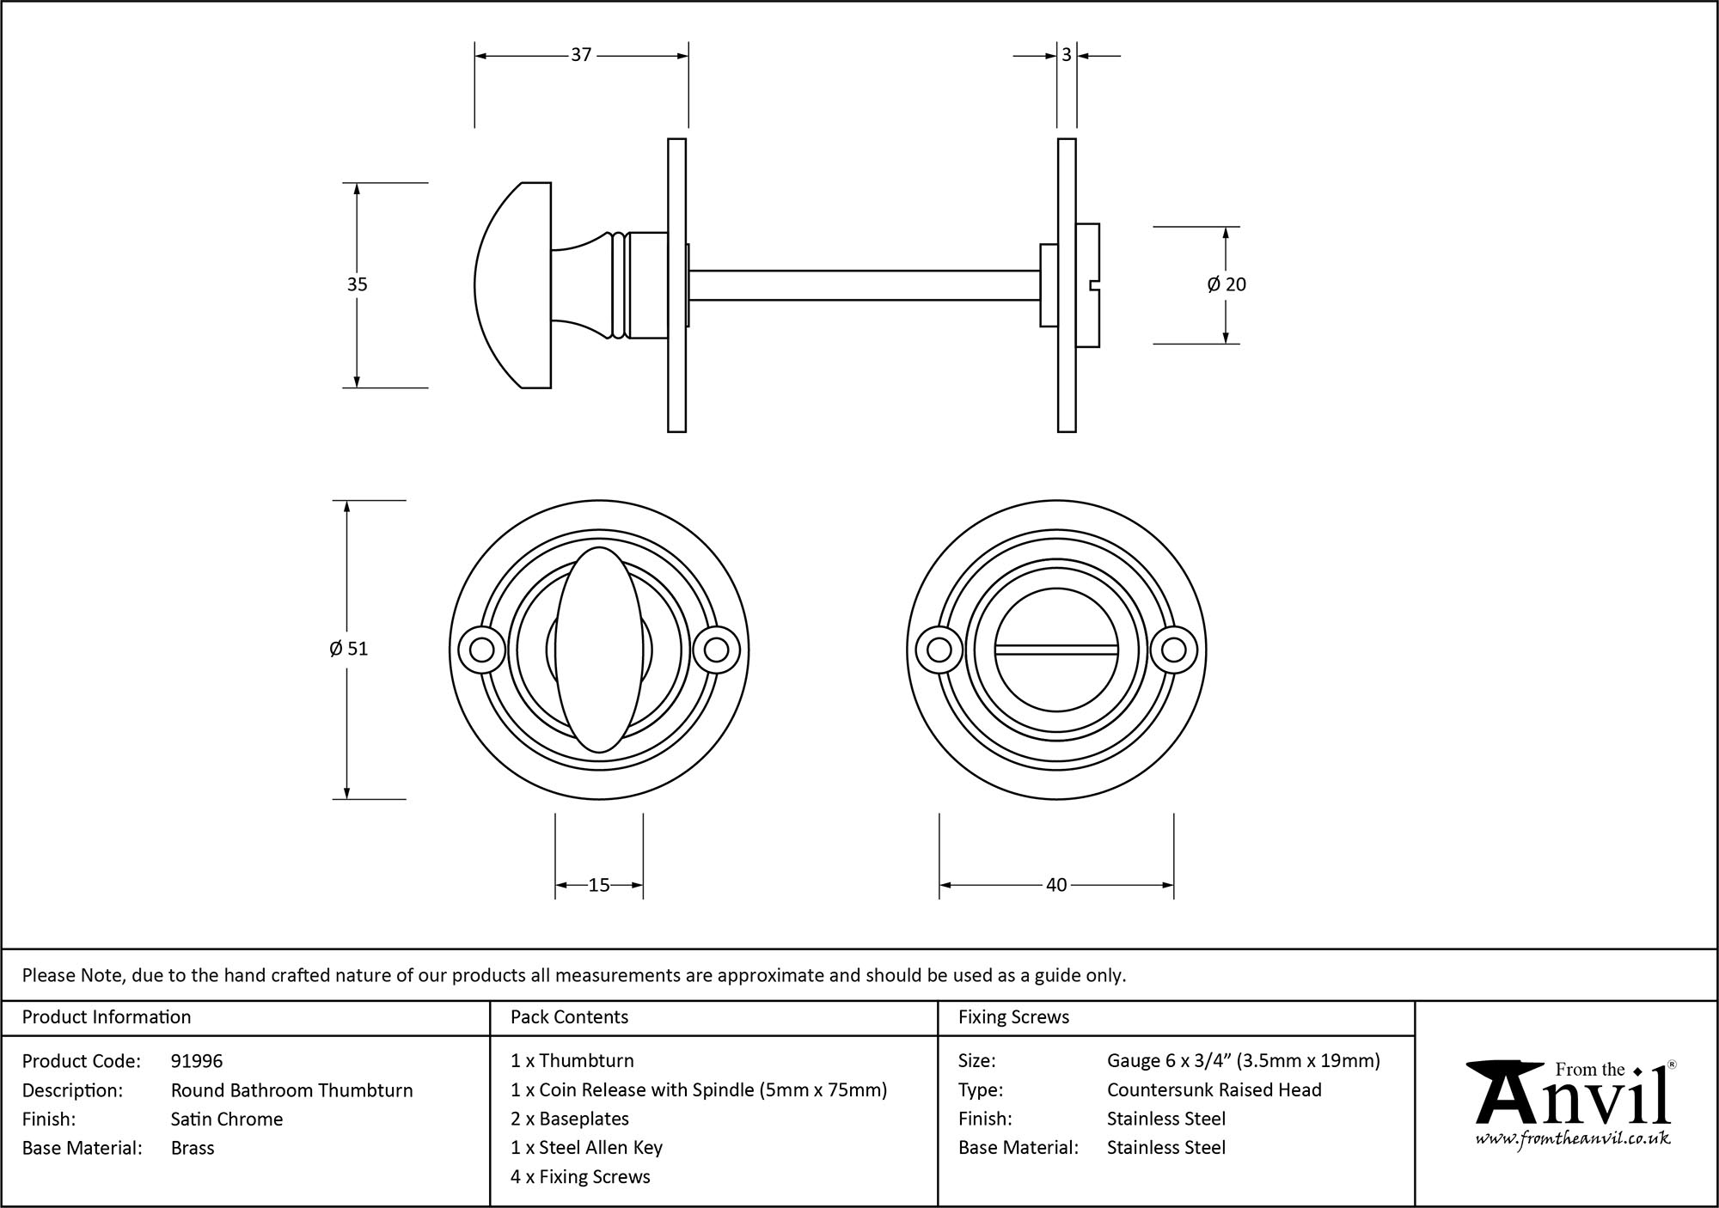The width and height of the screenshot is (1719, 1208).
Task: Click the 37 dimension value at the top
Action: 581,55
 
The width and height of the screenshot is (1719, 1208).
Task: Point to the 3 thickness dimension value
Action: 1067,55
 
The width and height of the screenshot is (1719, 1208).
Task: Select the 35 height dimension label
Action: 357,284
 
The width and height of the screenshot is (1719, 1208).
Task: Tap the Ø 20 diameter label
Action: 1227,284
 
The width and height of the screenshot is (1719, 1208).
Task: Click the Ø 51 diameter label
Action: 348,649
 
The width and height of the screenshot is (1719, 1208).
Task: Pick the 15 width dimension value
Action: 599,885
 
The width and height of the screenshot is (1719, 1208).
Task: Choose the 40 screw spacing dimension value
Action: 1056,885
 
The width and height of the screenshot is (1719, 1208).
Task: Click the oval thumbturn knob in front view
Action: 599,650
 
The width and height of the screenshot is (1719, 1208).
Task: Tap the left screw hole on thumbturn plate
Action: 481,650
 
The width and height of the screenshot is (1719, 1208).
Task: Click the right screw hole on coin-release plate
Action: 1174,650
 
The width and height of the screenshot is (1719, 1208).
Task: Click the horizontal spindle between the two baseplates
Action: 864,285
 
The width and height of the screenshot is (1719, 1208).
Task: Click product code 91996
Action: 197,1061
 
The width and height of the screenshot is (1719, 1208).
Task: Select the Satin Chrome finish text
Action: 227,1119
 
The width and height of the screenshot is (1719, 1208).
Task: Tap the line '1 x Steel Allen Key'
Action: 586,1147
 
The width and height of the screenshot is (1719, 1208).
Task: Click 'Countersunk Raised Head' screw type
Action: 1214,1089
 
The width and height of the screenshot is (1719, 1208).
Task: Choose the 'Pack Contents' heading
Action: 569,1017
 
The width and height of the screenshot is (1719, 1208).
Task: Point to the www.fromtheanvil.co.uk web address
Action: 1573,1138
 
